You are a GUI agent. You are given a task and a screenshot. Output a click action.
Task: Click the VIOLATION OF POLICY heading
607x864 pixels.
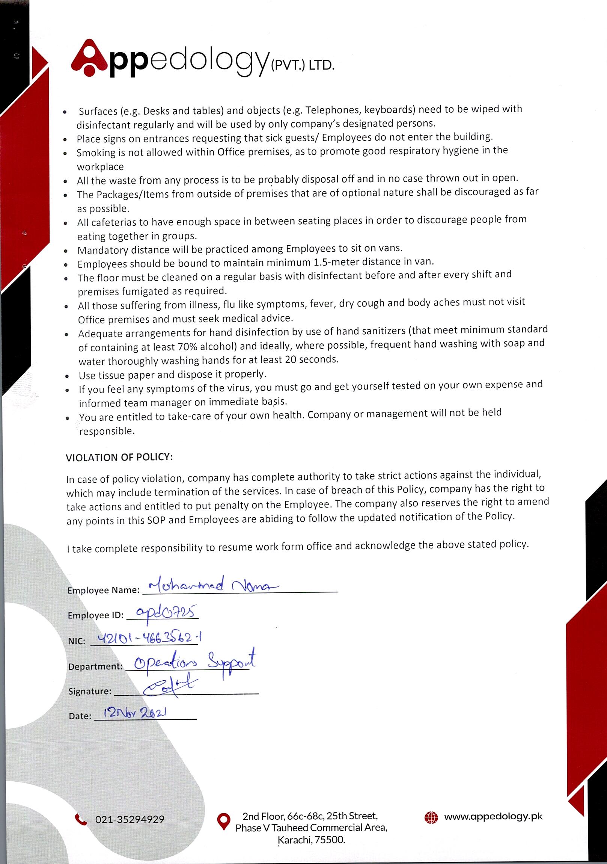[x=119, y=457]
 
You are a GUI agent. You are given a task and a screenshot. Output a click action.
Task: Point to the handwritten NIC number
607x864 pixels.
[x=150, y=638]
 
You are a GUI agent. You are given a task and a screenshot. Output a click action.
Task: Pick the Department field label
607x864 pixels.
[x=95, y=666]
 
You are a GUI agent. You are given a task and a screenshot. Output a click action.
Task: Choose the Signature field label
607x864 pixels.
[x=90, y=691]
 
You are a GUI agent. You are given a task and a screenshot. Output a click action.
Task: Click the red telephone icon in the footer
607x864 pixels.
[x=81, y=819]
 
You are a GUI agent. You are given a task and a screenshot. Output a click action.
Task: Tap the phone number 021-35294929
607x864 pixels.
[x=130, y=820]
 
